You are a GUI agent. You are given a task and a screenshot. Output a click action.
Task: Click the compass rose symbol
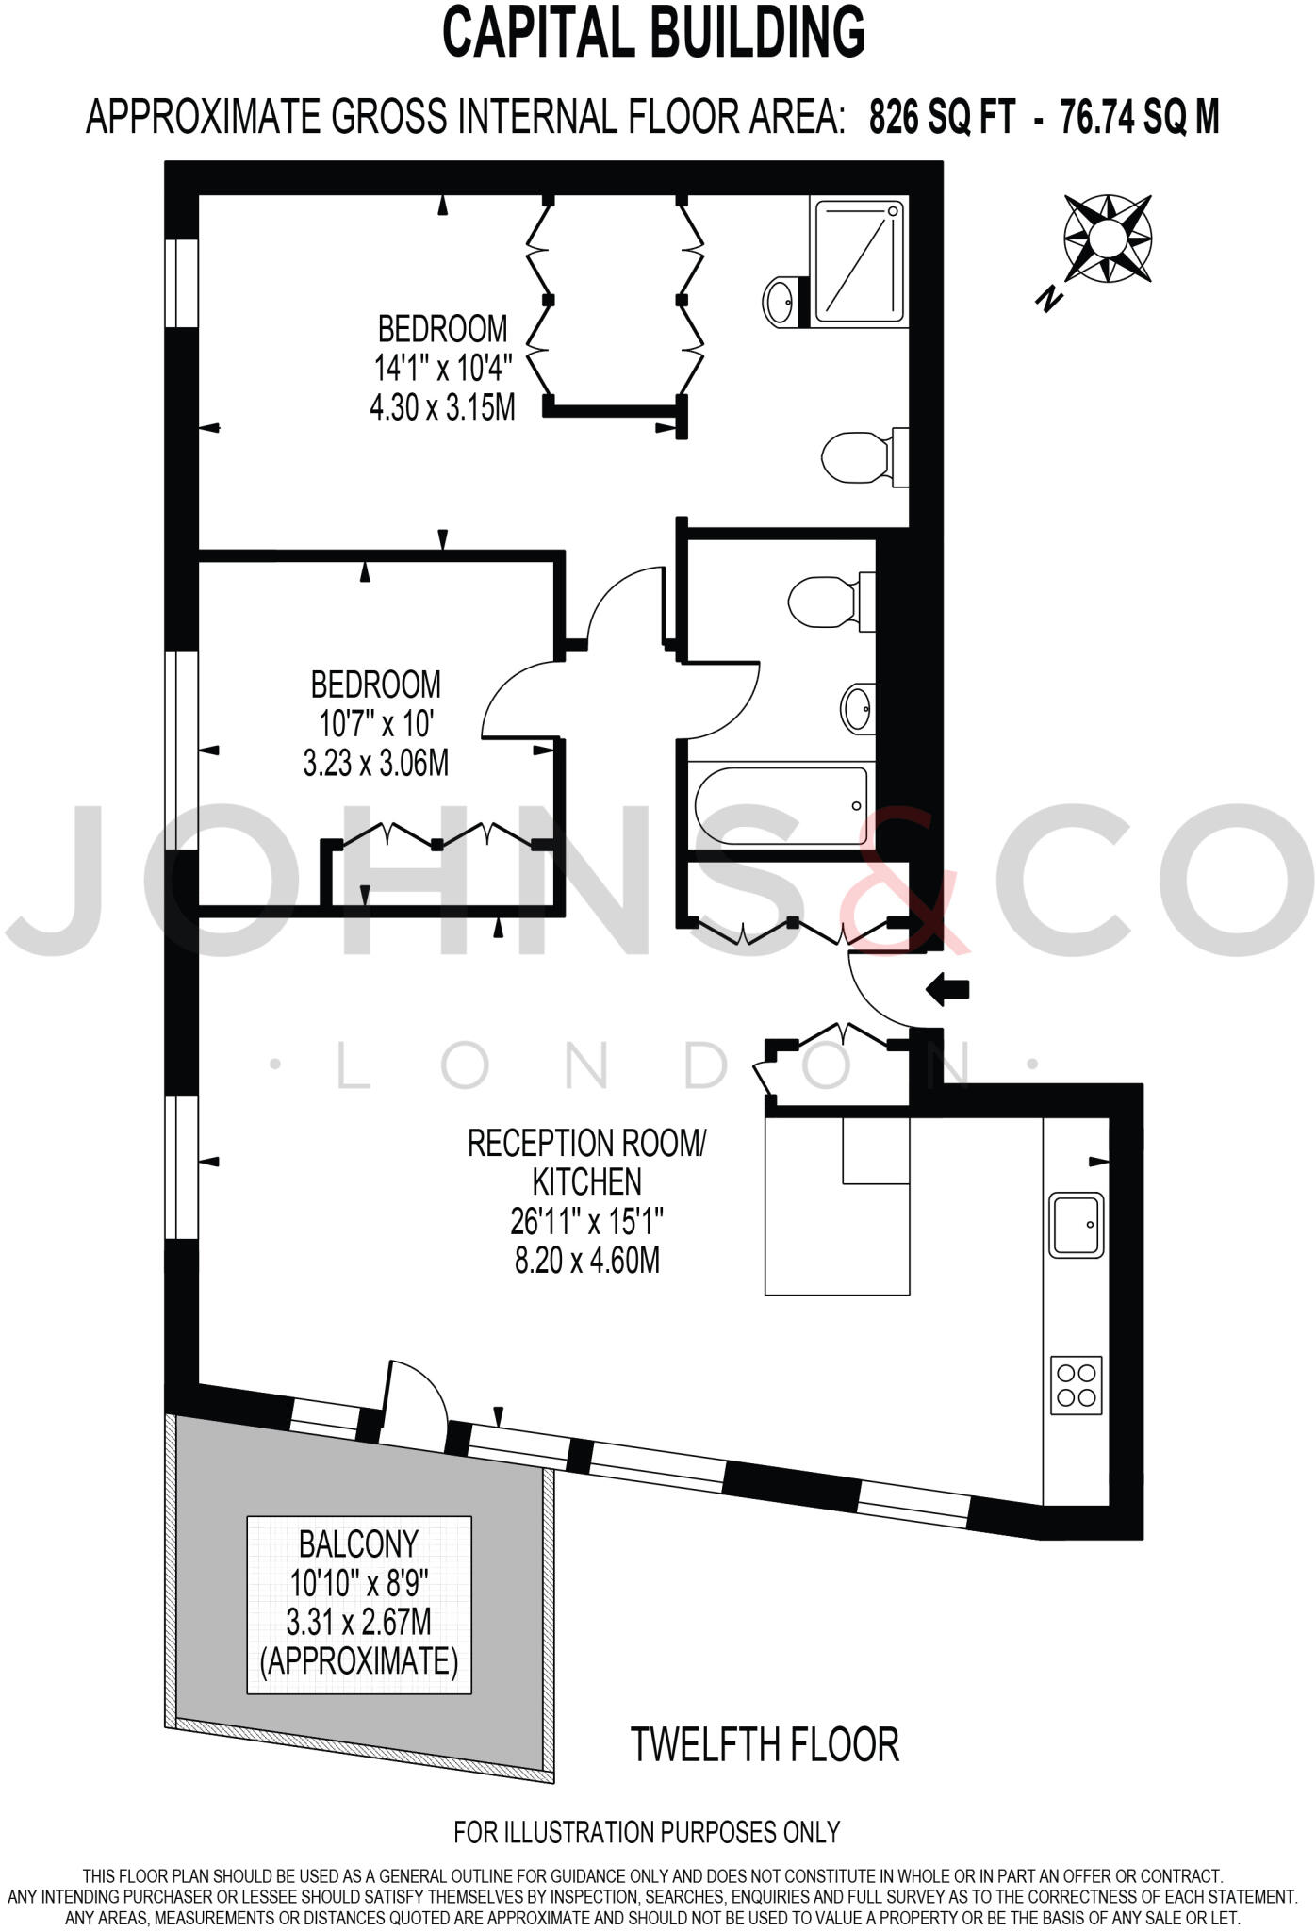pyautogui.click(x=1108, y=239)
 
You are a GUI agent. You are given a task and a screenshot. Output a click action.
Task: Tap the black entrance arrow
pyautogui.click(x=947, y=989)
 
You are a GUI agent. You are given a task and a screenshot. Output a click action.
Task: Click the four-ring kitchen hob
pyautogui.click(x=1077, y=1385)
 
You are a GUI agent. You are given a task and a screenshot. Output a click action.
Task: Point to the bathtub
pyautogui.click(x=781, y=805)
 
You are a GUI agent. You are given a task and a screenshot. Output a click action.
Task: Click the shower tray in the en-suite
pyautogui.click(x=859, y=259)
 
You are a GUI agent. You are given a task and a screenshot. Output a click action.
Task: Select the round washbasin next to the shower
pyautogui.click(x=781, y=302)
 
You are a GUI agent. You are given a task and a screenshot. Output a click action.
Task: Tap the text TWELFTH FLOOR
pyautogui.click(x=765, y=1745)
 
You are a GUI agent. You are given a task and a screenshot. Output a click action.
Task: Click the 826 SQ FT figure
pyautogui.click(x=942, y=119)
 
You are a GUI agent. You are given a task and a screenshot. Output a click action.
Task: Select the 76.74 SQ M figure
pyautogui.click(x=1140, y=119)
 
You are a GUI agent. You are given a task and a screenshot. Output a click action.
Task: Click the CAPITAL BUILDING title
pyautogui.click(x=653, y=32)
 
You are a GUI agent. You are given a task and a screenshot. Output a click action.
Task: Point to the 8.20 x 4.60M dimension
pyautogui.click(x=586, y=1261)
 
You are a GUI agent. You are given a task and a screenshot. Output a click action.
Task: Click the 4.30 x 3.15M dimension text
pyautogui.click(x=442, y=408)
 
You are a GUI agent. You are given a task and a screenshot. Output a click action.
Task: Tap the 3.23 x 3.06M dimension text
pyautogui.click(x=375, y=763)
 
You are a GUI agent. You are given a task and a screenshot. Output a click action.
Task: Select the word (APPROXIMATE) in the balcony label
pyautogui.click(x=358, y=1661)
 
